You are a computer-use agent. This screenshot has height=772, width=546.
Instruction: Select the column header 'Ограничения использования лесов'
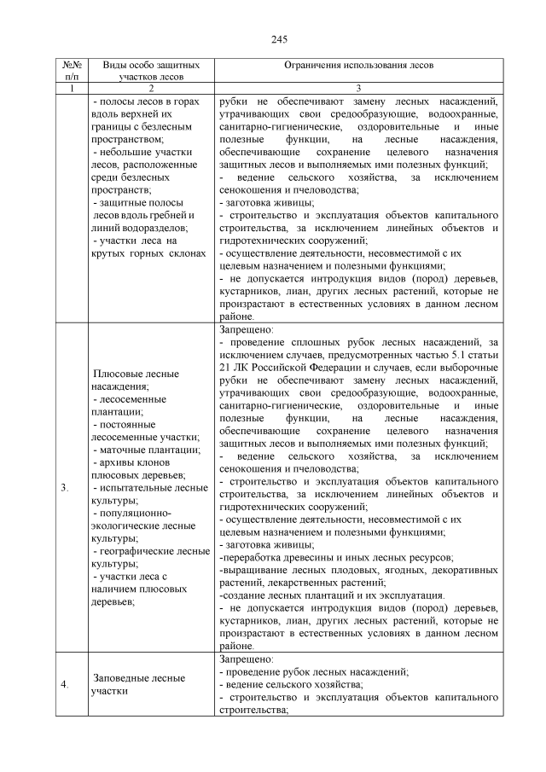pos(358,65)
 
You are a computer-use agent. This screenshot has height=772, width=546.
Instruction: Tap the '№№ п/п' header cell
pos(73,70)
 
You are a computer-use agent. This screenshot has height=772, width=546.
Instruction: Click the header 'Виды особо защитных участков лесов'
pos(151,70)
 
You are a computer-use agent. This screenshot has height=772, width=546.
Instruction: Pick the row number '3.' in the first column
pos(66,489)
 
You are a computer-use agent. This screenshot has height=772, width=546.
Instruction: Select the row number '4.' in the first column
pos(66,684)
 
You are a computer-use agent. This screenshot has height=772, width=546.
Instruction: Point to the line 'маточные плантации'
pos(148,450)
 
